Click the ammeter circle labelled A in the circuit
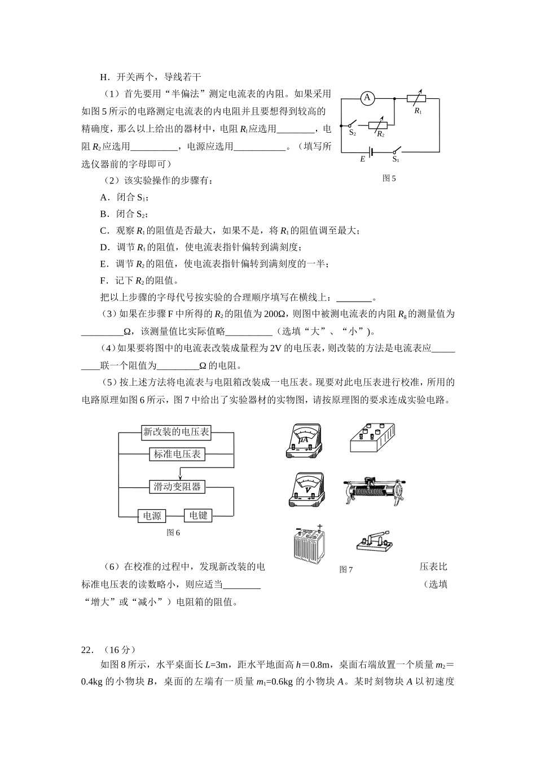(367, 98)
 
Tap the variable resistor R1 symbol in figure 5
(417, 98)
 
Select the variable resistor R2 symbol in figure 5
(378, 125)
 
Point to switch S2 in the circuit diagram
(353, 124)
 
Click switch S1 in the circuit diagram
(395, 151)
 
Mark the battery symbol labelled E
(371, 151)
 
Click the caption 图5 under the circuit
(389, 178)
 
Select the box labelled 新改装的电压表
(176, 433)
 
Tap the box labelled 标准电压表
(177, 453)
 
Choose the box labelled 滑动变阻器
(177, 486)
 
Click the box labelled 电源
(152, 516)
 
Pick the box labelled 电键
(198, 515)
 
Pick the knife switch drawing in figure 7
(374, 542)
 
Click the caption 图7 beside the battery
(346, 569)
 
